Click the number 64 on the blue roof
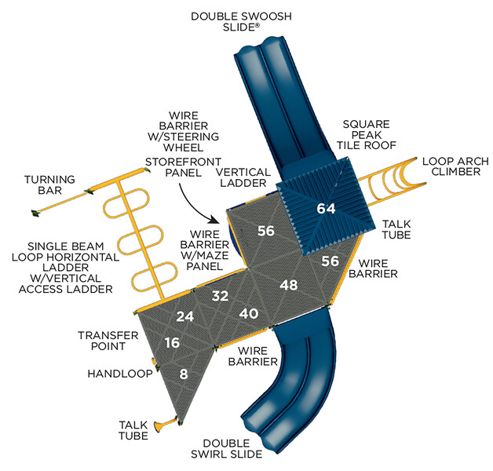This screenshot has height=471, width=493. [x=325, y=209]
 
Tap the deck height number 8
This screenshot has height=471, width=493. [x=184, y=374]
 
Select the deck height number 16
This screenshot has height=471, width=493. [x=173, y=343]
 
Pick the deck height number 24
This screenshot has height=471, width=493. [x=185, y=317]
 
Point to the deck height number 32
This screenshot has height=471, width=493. [x=221, y=296]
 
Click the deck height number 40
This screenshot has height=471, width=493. [x=249, y=313]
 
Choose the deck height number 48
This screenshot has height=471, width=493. [x=289, y=285]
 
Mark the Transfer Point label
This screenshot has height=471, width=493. [x=108, y=341]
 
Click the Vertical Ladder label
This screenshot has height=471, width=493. [x=243, y=177]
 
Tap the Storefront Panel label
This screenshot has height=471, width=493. [x=174, y=166]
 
